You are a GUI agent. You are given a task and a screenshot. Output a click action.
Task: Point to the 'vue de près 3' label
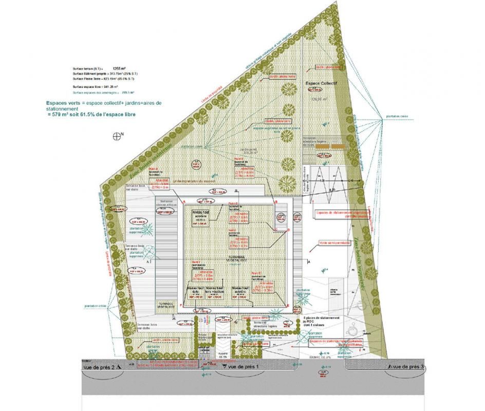(x=406, y=367)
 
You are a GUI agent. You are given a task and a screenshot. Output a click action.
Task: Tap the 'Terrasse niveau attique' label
(x=167, y=203)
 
